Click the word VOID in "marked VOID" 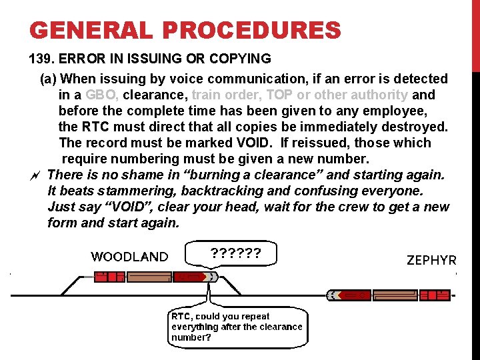coord(254,143)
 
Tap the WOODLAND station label coord(129,257)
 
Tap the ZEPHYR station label coord(431,261)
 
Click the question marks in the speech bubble coord(235,253)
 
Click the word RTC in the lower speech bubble coord(181,317)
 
